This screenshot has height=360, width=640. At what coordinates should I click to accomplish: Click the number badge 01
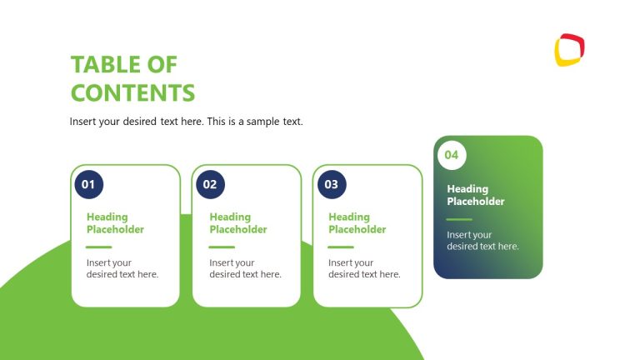click(x=87, y=184)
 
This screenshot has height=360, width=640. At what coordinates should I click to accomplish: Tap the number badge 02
click(x=210, y=184)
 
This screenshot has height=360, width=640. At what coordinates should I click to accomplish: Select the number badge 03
click(x=332, y=184)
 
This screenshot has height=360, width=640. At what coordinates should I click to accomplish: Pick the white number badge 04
click(x=452, y=155)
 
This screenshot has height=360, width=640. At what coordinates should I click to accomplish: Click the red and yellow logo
click(x=569, y=49)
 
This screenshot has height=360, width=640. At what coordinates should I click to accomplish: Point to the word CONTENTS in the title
click(x=132, y=92)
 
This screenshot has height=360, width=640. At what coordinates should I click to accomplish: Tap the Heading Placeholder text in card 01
click(x=115, y=223)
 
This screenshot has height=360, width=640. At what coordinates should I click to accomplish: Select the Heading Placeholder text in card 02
click(x=238, y=223)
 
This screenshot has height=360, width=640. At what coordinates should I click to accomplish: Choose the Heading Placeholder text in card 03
click(x=357, y=223)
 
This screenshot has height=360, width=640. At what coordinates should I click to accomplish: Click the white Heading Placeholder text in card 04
click(x=476, y=195)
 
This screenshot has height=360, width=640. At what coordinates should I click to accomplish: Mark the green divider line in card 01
click(x=98, y=247)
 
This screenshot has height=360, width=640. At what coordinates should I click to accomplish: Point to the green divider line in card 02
click(x=222, y=247)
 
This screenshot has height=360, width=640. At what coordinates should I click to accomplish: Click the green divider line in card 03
click(x=341, y=247)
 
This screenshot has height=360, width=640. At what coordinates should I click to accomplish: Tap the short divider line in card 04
click(x=459, y=219)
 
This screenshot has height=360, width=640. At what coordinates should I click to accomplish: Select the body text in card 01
click(x=122, y=268)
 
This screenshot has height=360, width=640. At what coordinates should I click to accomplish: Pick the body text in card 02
click(x=245, y=268)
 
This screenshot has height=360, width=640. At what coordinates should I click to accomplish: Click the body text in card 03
click(x=364, y=268)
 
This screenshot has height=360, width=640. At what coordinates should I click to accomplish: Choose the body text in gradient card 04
click(x=482, y=241)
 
